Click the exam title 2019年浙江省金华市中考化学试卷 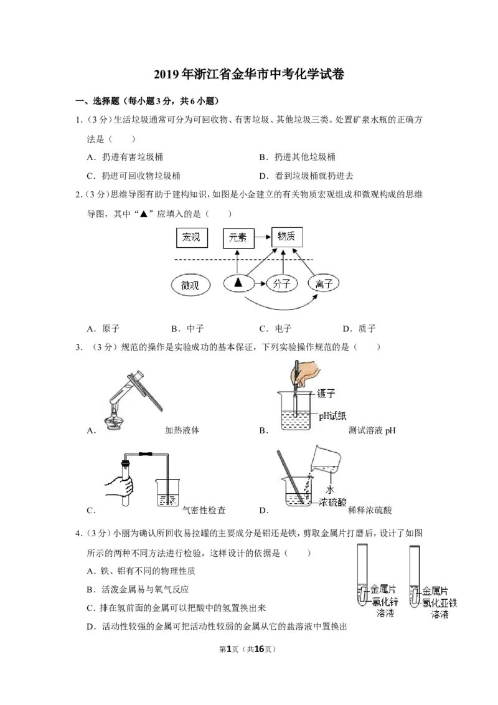(249, 74)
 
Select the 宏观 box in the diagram (192, 237)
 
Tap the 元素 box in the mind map (238, 238)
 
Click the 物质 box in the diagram (287, 237)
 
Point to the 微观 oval (190, 285)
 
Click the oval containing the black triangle (238, 283)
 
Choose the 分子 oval (282, 284)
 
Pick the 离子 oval (323, 284)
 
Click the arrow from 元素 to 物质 (263, 237)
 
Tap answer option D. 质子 (359, 329)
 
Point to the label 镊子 (326, 394)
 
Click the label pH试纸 (332, 415)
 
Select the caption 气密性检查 (204, 510)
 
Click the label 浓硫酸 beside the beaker (332, 502)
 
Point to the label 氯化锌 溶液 (385, 607)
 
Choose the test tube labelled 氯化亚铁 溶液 (415, 575)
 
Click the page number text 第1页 (229, 649)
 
